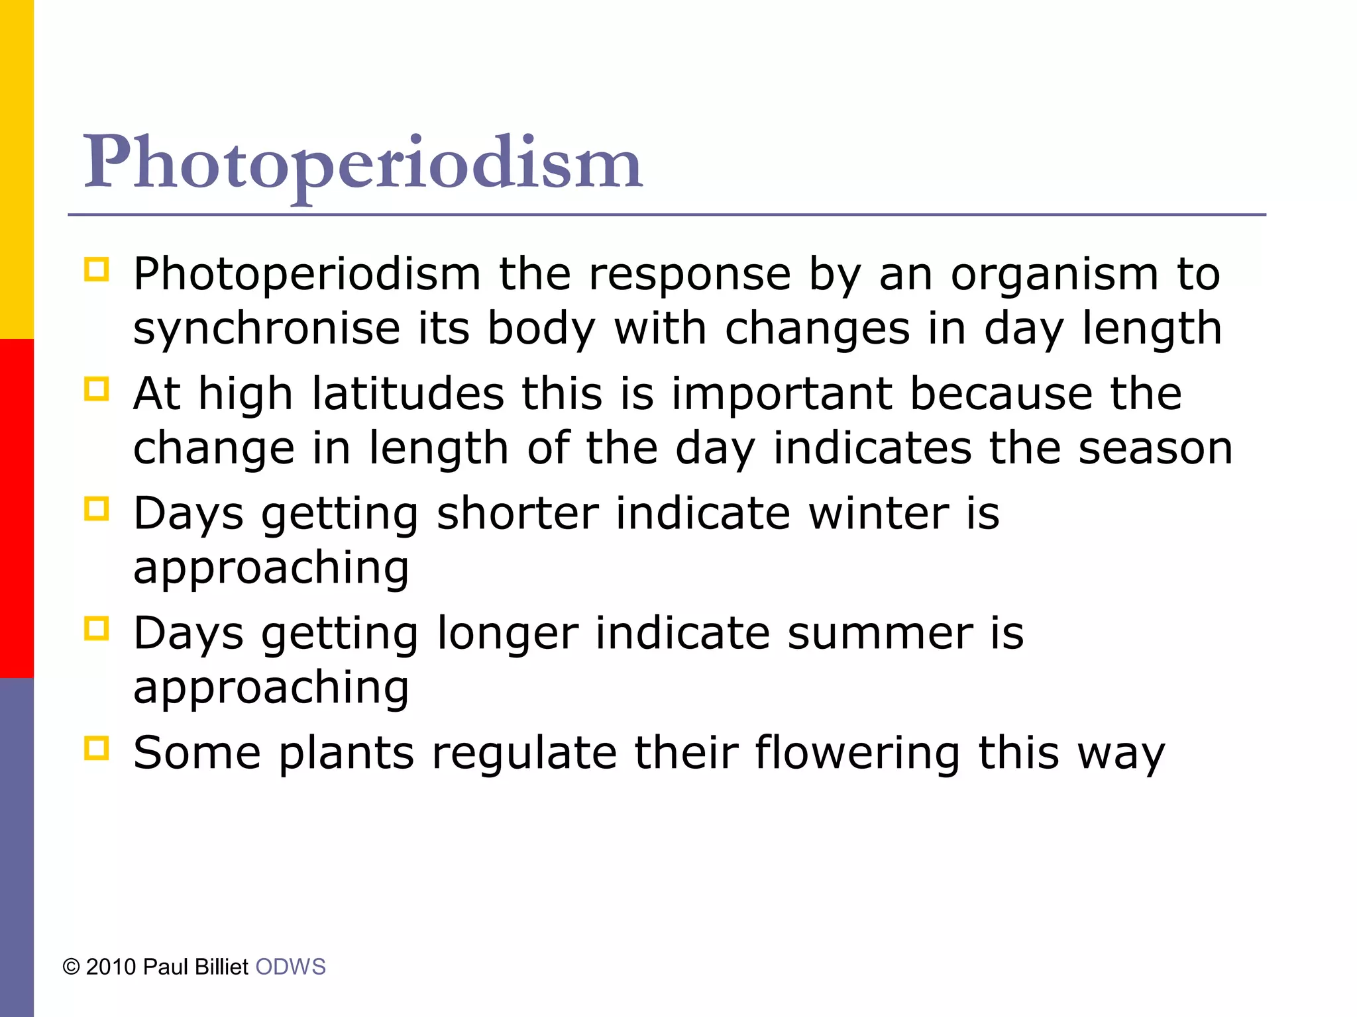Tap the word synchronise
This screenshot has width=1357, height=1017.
266,329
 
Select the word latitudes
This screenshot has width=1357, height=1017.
408,394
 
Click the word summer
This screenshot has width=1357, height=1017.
881,634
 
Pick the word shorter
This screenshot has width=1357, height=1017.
517,514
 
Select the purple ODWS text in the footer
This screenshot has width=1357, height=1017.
290,967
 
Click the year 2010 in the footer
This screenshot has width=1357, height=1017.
111,967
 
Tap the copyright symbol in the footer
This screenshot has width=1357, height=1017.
71,967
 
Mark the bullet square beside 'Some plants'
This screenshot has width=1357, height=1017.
96,749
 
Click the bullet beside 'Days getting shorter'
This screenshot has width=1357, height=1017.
96,509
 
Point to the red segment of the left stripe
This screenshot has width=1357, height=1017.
17,508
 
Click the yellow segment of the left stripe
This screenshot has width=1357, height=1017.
17,169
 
